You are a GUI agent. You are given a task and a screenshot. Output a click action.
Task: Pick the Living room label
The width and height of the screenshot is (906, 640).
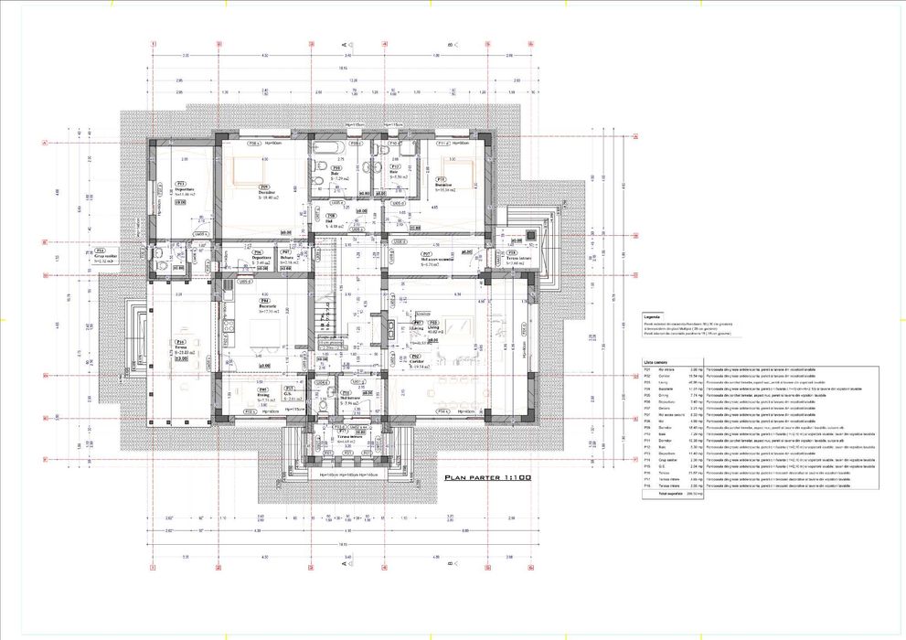433,327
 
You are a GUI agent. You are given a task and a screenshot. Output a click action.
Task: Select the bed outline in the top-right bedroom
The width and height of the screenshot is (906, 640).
457,170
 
